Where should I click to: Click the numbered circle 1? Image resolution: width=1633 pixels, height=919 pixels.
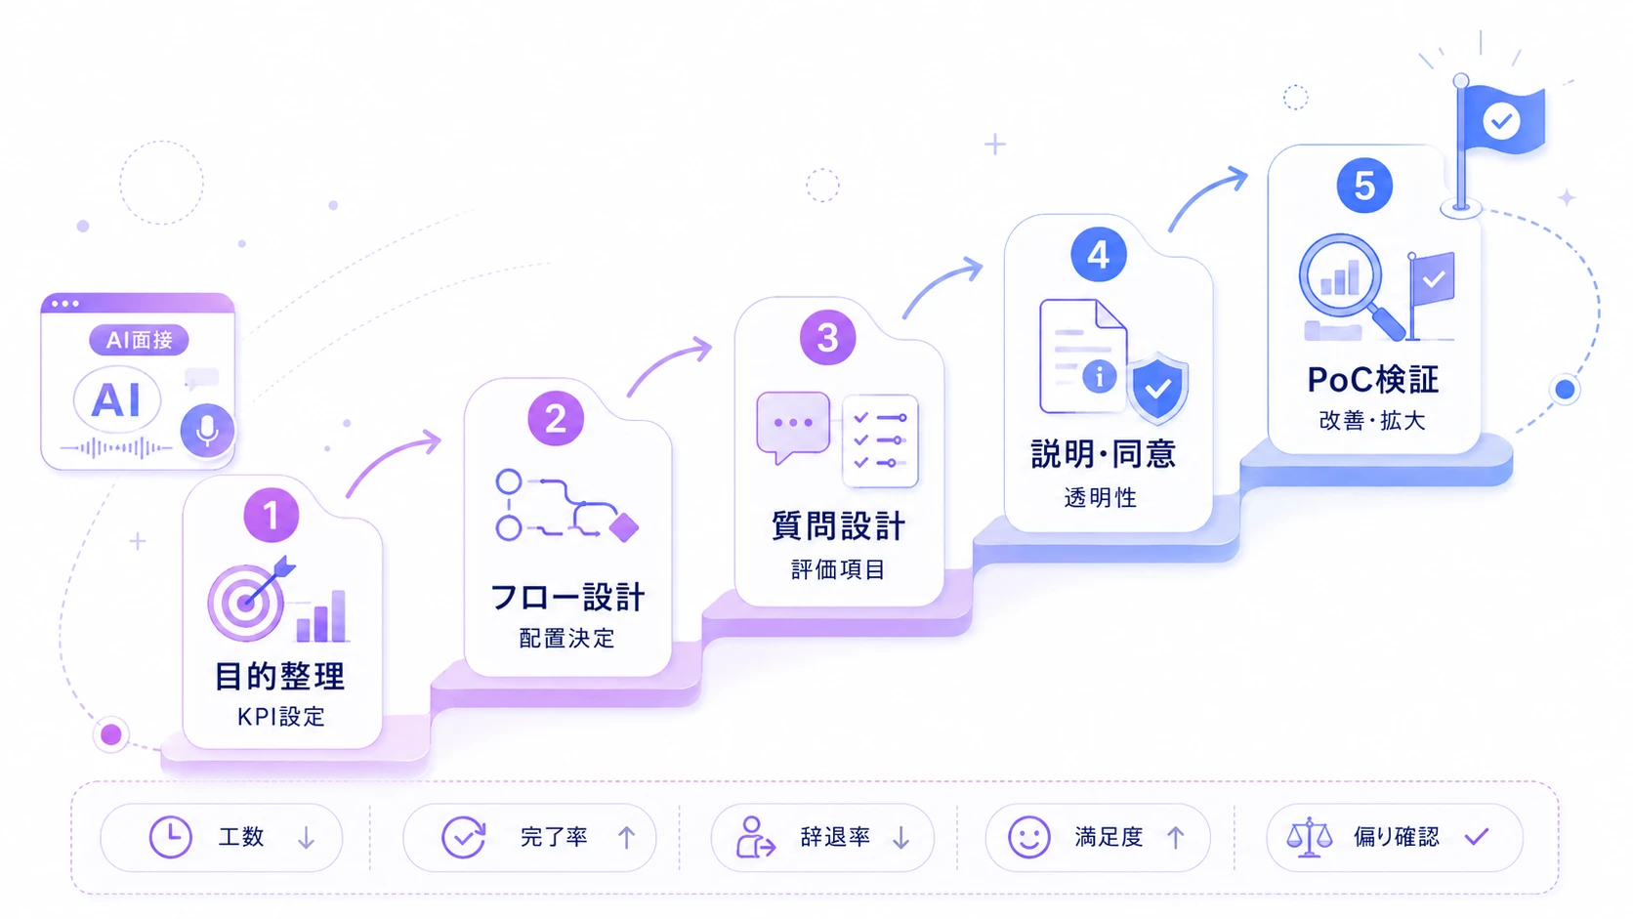point(272,516)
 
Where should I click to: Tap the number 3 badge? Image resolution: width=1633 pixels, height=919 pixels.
point(827,338)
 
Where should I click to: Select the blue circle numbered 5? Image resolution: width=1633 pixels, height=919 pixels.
point(1364,186)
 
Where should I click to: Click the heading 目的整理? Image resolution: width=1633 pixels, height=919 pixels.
point(280,677)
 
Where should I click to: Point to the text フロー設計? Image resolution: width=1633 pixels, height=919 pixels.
point(567,597)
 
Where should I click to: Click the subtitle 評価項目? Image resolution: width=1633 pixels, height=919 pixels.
point(838,569)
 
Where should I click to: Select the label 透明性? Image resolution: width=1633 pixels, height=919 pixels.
point(1100,498)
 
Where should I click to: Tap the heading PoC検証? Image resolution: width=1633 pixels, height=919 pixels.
point(1373,380)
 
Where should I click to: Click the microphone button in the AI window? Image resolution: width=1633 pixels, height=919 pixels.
point(207,430)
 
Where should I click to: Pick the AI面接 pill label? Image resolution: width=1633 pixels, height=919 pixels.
point(139,340)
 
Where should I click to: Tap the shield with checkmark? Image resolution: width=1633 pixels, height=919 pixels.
point(1157,387)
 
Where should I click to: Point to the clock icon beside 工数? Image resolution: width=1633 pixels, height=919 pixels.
point(171,837)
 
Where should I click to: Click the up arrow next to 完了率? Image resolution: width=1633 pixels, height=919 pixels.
point(626,837)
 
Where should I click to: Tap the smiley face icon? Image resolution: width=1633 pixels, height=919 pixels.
point(1028,837)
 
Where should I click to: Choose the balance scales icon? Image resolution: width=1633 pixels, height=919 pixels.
point(1310,837)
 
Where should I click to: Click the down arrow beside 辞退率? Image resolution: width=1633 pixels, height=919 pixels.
point(901,837)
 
